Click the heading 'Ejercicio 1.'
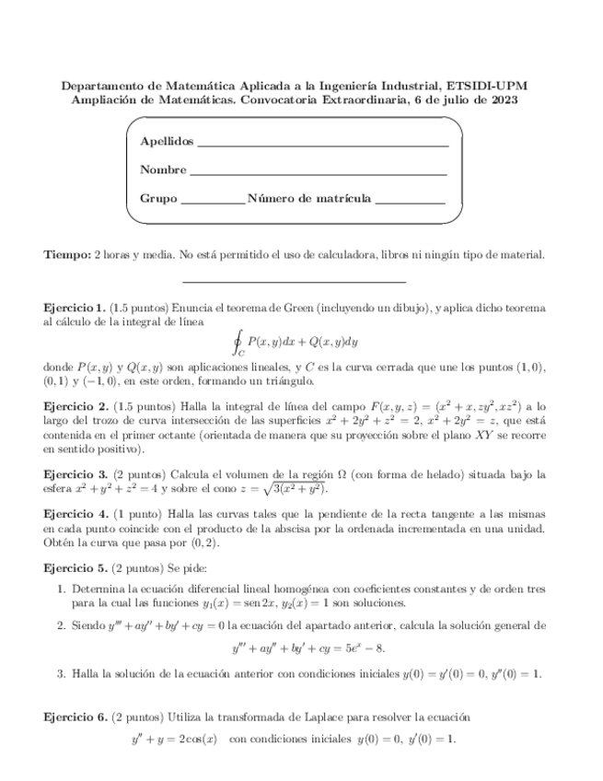tap(75, 306)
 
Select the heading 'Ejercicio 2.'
tap(75, 405)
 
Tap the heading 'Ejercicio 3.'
tap(75, 474)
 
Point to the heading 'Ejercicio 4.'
tap(75, 516)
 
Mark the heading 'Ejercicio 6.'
tap(75, 716)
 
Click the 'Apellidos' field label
tap(167, 142)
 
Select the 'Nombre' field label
tap(163, 170)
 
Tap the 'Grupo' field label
tap(158, 198)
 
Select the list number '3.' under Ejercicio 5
tap(62, 674)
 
